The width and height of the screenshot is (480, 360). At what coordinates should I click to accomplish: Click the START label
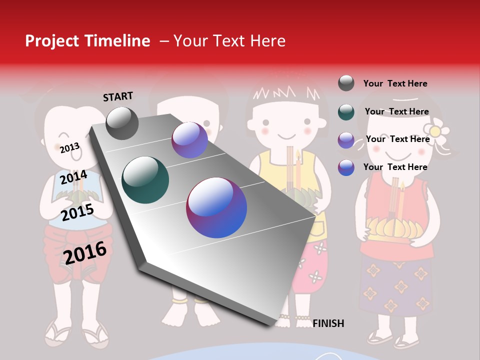pyautogui.click(x=118, y=96)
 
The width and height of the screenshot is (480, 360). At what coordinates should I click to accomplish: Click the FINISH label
pyautogui.click(x=328, y=323)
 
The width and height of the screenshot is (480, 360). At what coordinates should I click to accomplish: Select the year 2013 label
pyautogui.click(x=69, y=148)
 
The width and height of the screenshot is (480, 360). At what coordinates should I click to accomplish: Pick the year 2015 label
pyautogui.click(x=77, y=212)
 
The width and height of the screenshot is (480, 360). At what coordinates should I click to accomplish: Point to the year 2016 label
pyautogui.click(x=85, y=253)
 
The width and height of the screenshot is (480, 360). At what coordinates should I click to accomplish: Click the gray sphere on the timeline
pyautogui.click(x=122, y=123)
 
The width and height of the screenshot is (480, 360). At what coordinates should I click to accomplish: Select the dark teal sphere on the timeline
pyautogui.click(x=145, y=180)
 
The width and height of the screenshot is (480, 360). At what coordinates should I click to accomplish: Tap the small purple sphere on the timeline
pyautogui.click(x=189, y=140)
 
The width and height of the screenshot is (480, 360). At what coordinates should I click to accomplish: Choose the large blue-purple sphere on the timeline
pyautogui.click(x=216, y=207)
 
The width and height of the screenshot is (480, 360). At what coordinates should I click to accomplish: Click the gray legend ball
pyautogui.click(x=346, y=83)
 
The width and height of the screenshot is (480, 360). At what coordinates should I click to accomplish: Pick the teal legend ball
pyautogui.click(x=346, y=111)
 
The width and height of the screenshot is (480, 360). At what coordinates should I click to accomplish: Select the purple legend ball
pyautogui.click(x=346, y=140)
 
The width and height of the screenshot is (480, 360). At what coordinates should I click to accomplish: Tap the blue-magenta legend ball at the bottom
pyautogui.click(x=346, y=167)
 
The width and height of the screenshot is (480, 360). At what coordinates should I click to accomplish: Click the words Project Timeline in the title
pyautogui.click(x=87, y=41)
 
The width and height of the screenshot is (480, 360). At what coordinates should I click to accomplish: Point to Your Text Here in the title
pyautogui.click(x=229, y=41)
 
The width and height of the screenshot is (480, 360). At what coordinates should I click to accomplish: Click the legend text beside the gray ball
pyautogui.click(x=395, y=83)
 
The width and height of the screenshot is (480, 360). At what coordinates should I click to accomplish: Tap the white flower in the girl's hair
pyautogui.click(x=436, y=131)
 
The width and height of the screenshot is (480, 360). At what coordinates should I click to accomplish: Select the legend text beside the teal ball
pyautogui.click(x=396, y=111)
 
